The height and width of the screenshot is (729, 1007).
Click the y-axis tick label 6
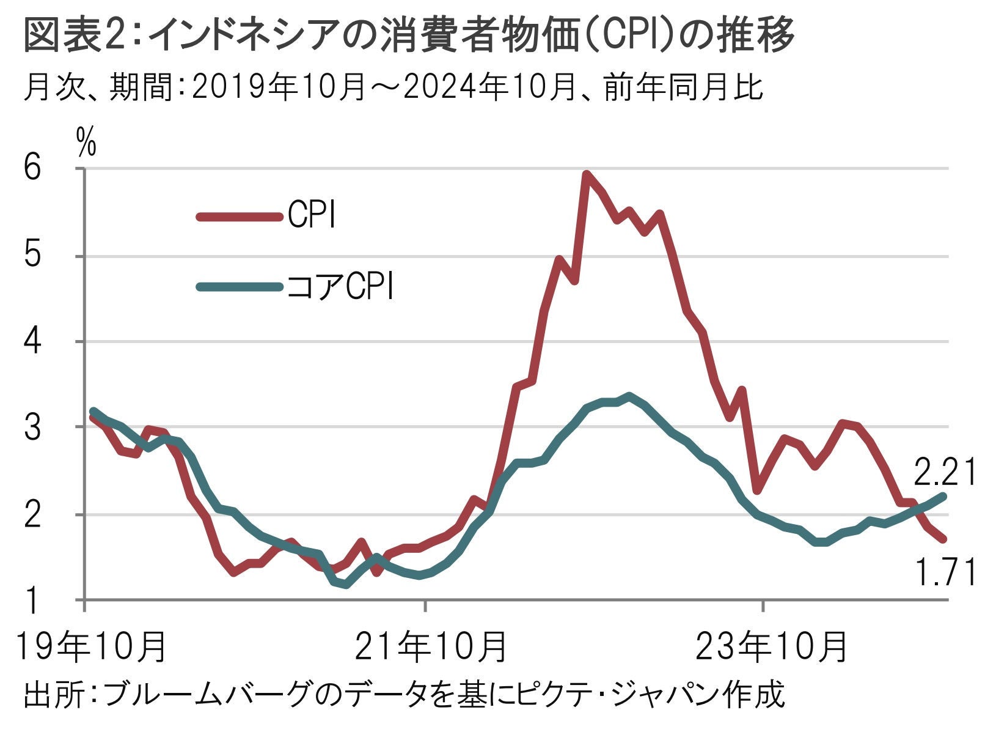click(33, 168)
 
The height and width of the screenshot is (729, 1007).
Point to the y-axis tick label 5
click(33, 255)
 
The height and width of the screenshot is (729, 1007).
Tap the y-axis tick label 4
click(33, 341)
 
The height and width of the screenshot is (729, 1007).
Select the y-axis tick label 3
click(33, 427)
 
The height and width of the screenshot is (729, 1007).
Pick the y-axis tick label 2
click(33, 515)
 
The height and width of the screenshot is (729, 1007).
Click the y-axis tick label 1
click(33, 601)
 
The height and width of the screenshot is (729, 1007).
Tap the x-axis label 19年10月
click(90, 646)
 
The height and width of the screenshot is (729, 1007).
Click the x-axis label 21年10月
click(431, 646)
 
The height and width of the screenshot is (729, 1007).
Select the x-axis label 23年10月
click(771, 646)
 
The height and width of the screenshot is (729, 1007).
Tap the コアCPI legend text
click(340, 286)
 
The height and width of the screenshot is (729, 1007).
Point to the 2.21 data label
click(945, 472)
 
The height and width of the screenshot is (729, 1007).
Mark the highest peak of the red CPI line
click(587, 175)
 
